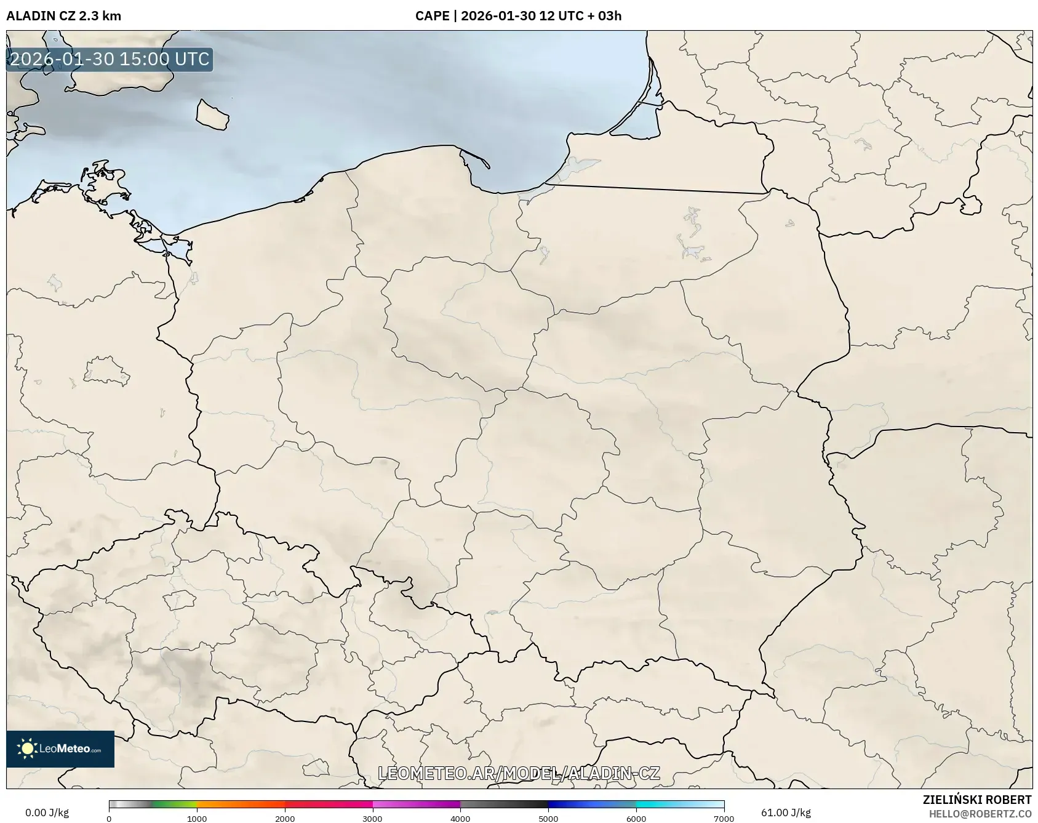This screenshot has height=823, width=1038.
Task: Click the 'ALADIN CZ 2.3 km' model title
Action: tap(63, 16)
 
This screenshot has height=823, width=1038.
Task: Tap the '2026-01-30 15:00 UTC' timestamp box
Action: tap(110, 59)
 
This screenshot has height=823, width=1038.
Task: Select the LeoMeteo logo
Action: tap(60, 749)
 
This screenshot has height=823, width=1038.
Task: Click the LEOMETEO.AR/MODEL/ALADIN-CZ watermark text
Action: tap(519, 773)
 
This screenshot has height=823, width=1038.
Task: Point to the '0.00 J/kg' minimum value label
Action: tap(47, 813)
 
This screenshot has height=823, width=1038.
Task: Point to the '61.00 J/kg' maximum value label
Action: tap(786, 813)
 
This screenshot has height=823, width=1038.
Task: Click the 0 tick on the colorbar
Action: tap(109, 818)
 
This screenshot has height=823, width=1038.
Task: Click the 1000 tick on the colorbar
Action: tap(197, 818)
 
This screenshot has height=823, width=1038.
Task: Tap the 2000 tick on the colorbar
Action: tap(285, 818)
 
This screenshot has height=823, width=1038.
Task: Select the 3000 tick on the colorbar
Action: tap(373, 818)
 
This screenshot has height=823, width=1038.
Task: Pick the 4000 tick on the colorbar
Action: tap(460, 818)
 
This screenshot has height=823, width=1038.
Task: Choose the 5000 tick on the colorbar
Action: tap(548, 818)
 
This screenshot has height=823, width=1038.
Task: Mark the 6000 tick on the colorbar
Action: tap(636, 818)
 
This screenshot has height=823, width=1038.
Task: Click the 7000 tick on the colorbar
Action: tap(724, 818)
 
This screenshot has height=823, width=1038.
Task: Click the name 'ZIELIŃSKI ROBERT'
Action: tap(977, 800)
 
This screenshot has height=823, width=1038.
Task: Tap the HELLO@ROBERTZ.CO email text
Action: tap(980, 814)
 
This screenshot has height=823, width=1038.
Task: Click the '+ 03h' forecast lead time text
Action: tap(604, 16)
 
